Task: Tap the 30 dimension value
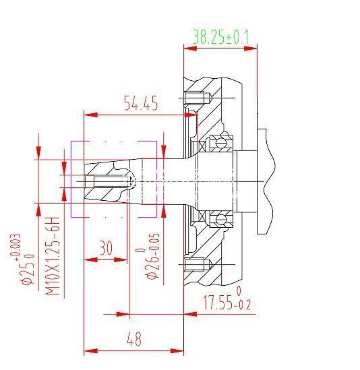[105, 247]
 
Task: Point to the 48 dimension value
[134, 339]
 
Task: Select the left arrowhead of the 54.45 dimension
[88, 114]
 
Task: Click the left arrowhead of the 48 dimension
[88, 350]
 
